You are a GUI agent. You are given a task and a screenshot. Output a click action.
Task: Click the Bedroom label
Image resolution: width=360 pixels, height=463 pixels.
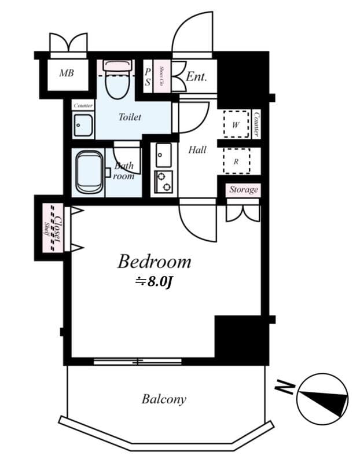pos(154,262)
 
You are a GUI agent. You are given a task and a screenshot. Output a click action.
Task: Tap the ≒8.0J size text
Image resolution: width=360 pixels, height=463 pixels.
pos(154,282)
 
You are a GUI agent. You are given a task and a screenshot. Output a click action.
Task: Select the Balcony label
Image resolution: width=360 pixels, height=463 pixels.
pos(164,399)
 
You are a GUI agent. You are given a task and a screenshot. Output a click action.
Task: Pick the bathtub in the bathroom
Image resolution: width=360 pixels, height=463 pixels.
pos(90,172)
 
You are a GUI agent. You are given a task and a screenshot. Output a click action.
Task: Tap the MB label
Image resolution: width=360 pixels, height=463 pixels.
pos(67,74)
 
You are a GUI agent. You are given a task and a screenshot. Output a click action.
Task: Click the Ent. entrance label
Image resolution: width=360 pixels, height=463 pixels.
pos(196,76)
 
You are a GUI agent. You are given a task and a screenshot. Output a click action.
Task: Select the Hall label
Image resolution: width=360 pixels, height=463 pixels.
pos(197,150)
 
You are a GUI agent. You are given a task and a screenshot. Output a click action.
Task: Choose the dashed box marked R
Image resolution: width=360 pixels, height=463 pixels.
pos(236,161)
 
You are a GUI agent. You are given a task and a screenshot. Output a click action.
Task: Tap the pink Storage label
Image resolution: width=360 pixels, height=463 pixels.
pos(243,190)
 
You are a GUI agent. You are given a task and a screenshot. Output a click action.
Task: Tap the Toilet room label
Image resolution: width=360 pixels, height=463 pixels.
pos(130,117)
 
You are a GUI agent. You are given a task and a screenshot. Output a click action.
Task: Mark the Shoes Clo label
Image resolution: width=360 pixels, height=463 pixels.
pos(162,76)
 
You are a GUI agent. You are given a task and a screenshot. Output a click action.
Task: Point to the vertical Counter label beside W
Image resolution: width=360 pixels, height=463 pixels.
pos(256,124)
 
